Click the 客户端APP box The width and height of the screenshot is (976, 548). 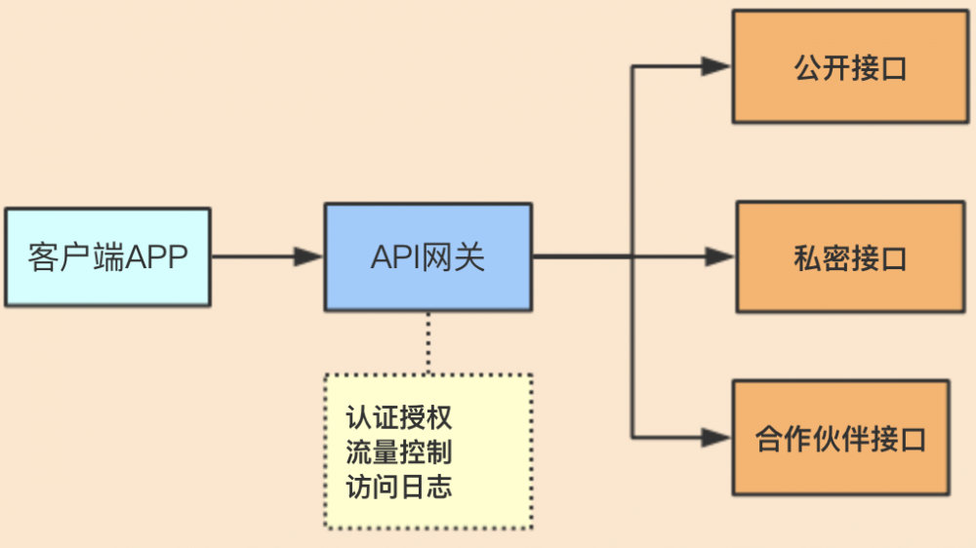click(107, 257)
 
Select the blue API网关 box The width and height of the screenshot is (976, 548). click(427, 257)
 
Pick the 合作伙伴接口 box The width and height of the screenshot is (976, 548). click(840, 438)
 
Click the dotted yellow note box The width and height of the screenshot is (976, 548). click(427, 450)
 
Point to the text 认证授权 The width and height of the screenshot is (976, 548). click(399, 417)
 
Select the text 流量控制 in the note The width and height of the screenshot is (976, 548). click(399, 451)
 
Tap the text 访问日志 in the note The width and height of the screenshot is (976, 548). click(399, 486)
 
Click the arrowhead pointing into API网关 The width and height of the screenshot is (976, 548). click(309, 257)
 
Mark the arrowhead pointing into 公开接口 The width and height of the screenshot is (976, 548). click(716, 66)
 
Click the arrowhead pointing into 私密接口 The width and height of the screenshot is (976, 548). click(719, 257)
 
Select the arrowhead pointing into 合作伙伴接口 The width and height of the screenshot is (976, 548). click(716, 437)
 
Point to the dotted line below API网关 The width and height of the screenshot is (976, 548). click(427, 341)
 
